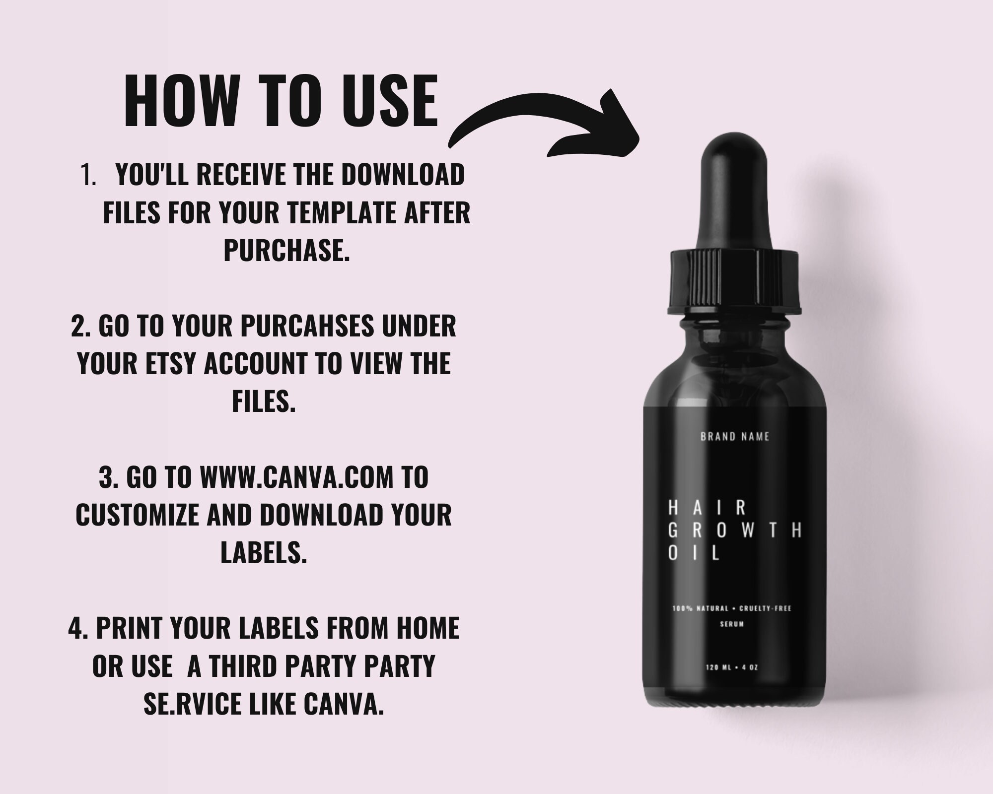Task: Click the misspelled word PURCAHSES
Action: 306,326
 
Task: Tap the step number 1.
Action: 88,175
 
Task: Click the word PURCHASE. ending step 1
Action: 286,250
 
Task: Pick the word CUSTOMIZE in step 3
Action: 137,515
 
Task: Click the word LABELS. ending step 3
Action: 264,552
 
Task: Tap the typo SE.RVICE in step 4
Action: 193,704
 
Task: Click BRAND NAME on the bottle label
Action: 735,437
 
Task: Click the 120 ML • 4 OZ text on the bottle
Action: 732,667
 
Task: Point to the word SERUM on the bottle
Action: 732,624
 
